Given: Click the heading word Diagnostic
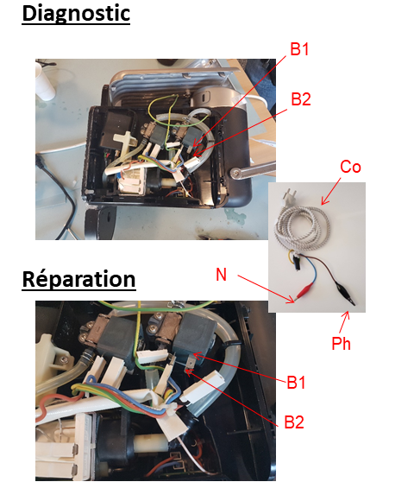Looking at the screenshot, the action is click(x=76, y=14).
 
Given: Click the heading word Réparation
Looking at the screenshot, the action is click(x=78, y=280).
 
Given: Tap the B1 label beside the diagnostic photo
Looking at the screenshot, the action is click(x=299, y=49).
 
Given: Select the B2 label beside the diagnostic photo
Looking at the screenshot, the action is click(x=300, y=99).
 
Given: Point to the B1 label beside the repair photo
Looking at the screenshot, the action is click(x=296, y=382).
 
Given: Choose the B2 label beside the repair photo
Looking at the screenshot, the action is click(x=294, y=422).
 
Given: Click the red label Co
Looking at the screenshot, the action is click(x=350, y=167).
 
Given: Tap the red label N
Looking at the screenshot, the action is click(x=221, y=274).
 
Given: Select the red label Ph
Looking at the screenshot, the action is click(x=341, y=344).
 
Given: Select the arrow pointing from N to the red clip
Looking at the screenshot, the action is click(x=266, y=289).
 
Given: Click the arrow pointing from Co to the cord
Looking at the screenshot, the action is click(x=331, y=191).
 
